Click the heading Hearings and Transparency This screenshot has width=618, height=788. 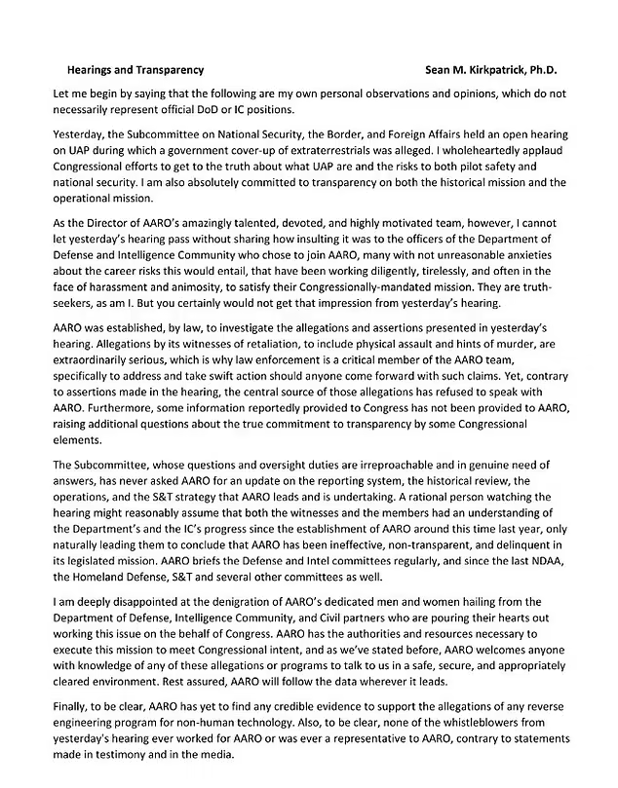click(x=135, y=70)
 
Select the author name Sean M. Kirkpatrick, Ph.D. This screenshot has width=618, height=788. click(x=495, y=70)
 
